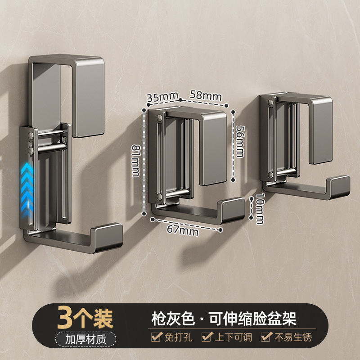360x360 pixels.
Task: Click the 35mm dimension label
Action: [x=162, y=97]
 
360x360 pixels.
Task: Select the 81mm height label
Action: [x=136, y=161]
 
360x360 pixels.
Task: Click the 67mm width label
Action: [x=183, y=230]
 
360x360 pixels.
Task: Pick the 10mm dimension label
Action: [x=260, y=208]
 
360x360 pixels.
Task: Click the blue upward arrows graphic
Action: [x=27, y=190]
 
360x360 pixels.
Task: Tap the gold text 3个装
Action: [x=85, y=318]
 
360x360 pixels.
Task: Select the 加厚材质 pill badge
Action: [x=85, y=339]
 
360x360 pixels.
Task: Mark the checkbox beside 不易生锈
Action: [x=266, y=337]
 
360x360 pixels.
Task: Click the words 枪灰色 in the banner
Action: [x=173, y=319]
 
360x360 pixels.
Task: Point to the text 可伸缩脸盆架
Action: [x=253, y=319]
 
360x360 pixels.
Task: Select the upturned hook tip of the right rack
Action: [x=339, y=186]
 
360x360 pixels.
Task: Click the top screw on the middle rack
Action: [x=159, y=118]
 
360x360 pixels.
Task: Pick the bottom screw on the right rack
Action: [x=270, y=175]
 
